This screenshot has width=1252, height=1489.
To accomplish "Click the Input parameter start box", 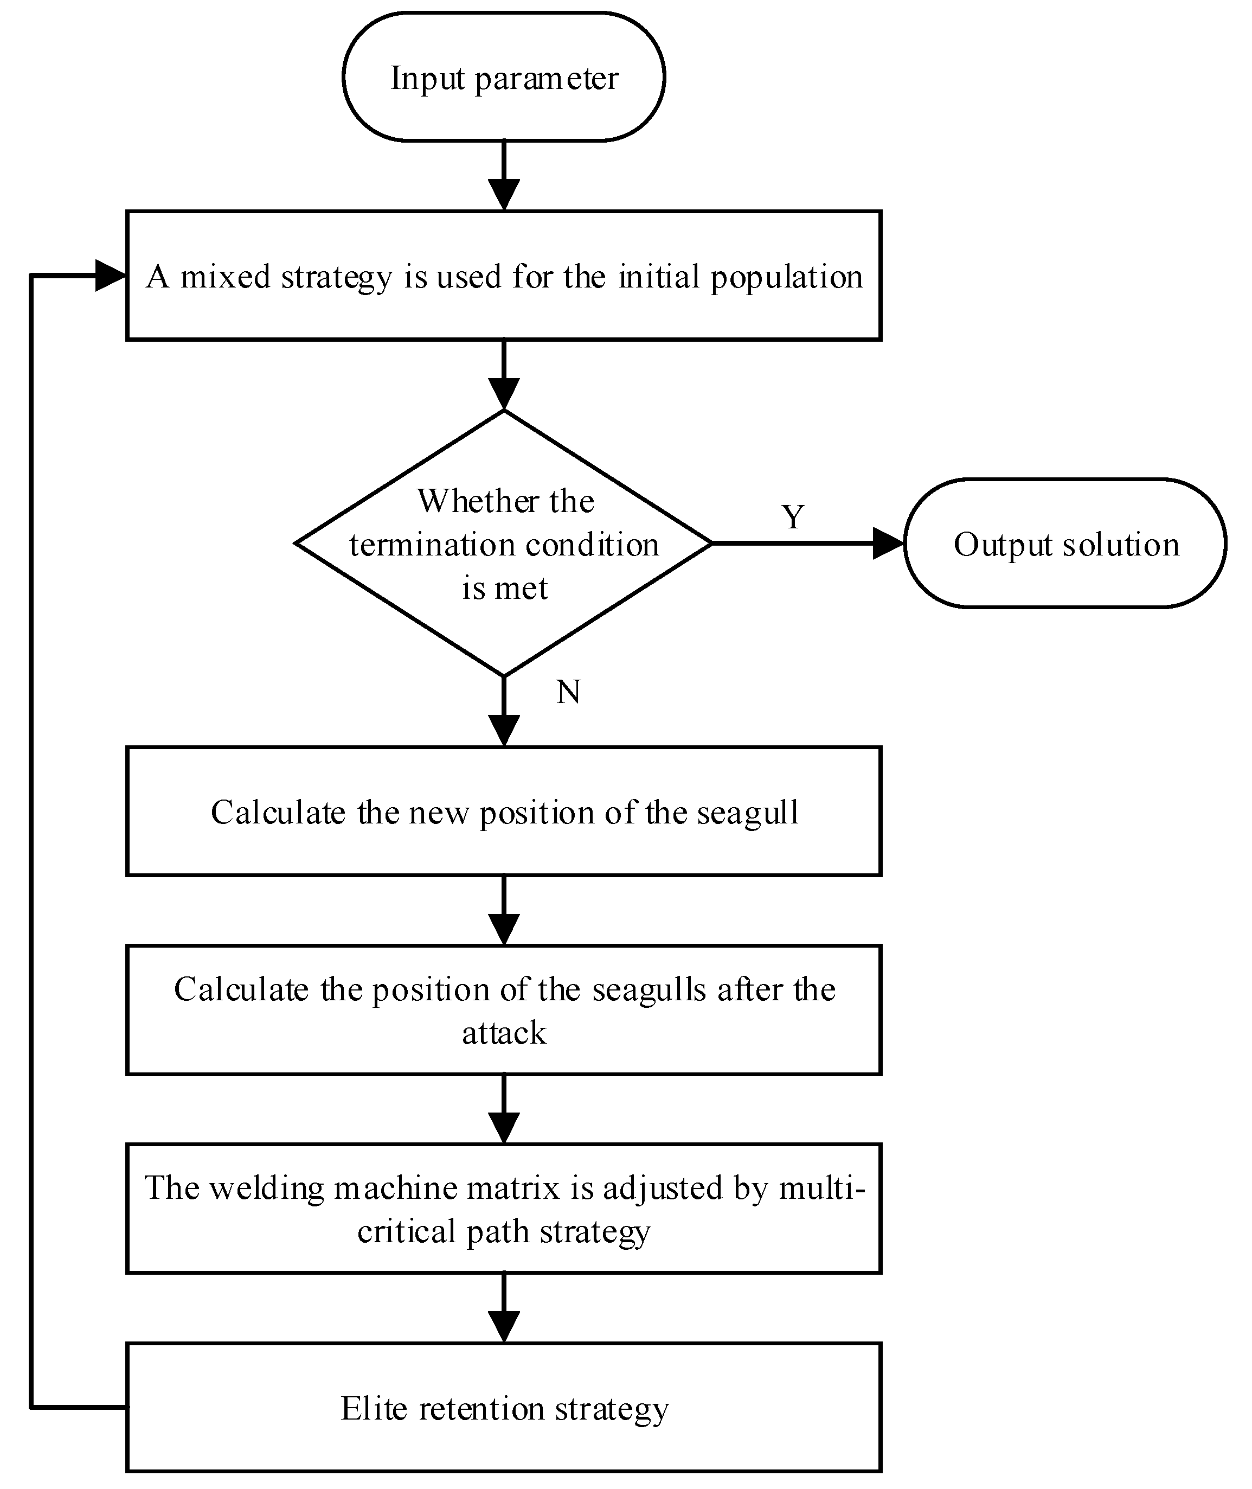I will tap(503, 76).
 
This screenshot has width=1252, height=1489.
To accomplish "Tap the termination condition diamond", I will tap(503, 544).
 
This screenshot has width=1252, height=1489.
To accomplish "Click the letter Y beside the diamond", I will tap(793, 517).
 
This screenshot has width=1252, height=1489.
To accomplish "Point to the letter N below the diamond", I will tap(568, 692).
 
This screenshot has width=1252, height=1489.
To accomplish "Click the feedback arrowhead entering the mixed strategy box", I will tap(110, 276).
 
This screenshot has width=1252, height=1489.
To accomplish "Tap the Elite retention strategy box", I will tap(503, 1407).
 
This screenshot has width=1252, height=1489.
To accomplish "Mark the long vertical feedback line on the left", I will tap(31, 852).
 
